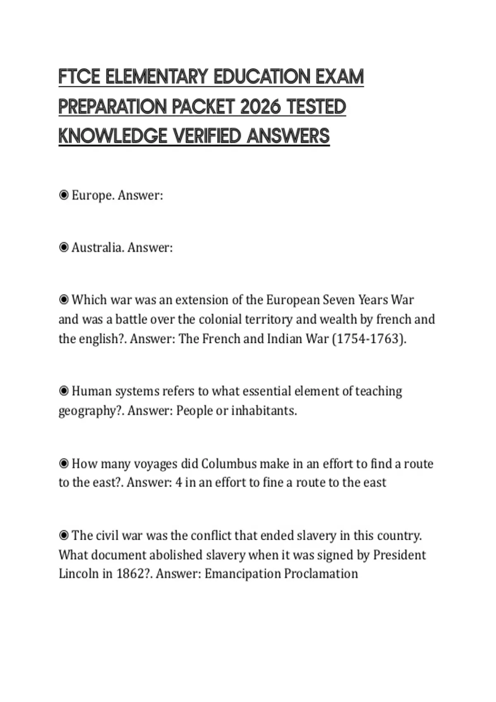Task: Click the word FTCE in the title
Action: point(79,77)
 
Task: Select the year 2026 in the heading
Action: point(260,107)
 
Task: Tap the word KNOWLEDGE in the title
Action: point(112,136)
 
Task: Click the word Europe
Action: point(93,195)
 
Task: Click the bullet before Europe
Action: point(64,195)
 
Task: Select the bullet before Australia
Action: point(64,247)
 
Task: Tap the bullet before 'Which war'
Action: point(64,299)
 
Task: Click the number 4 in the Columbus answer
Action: point(178,482)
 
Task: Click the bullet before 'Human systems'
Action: point(64,391)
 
